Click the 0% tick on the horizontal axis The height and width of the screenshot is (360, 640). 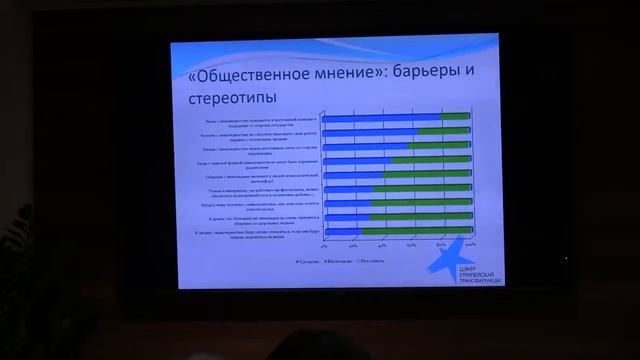(323, 244)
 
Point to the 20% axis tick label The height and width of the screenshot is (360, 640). (353, 244)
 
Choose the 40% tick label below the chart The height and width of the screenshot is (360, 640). (382, 244)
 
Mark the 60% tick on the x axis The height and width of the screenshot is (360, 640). (411, 244)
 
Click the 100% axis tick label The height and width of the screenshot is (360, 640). (469, 244)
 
